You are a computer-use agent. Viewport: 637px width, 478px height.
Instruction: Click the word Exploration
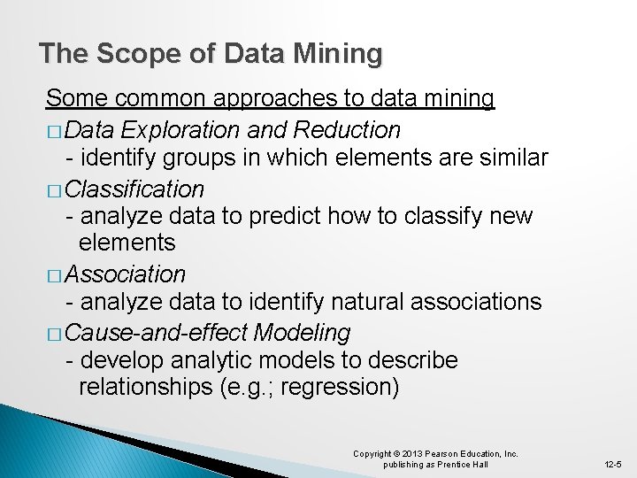(x=180, y=130)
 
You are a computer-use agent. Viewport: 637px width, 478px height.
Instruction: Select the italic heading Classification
(x=134, y=189)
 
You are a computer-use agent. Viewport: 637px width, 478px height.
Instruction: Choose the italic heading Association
(x=125, y=274)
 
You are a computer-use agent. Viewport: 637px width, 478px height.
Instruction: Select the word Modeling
(x=302, y=333)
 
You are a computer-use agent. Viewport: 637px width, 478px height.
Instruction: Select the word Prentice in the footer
(x=456, y=465)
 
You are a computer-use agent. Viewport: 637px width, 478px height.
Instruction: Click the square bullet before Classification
(x=54, y=190)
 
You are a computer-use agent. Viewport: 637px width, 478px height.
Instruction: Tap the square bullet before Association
(x=54, y=275)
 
